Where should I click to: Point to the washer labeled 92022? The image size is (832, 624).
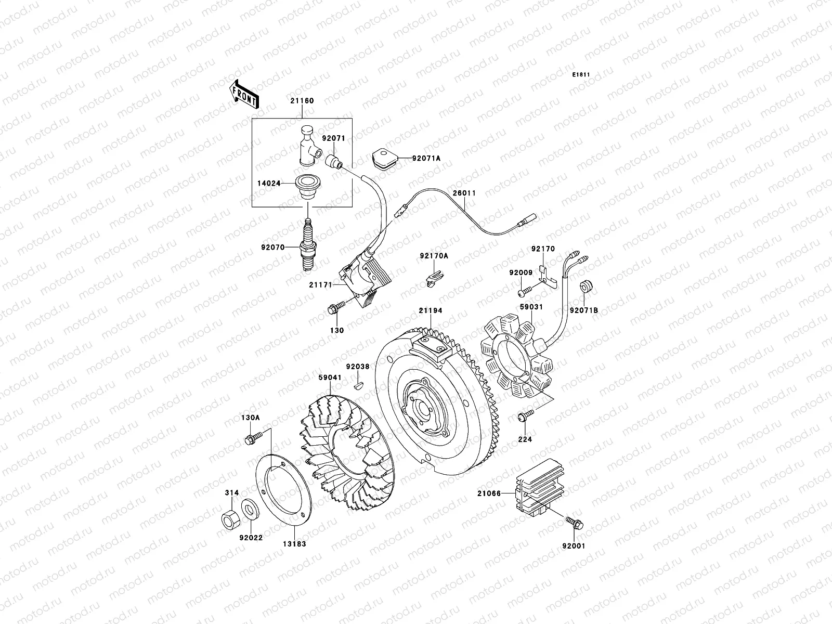(x=249, y=509)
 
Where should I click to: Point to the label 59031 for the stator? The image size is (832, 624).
(x=531, y=307)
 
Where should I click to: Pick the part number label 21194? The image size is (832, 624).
(x=430, y=310)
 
